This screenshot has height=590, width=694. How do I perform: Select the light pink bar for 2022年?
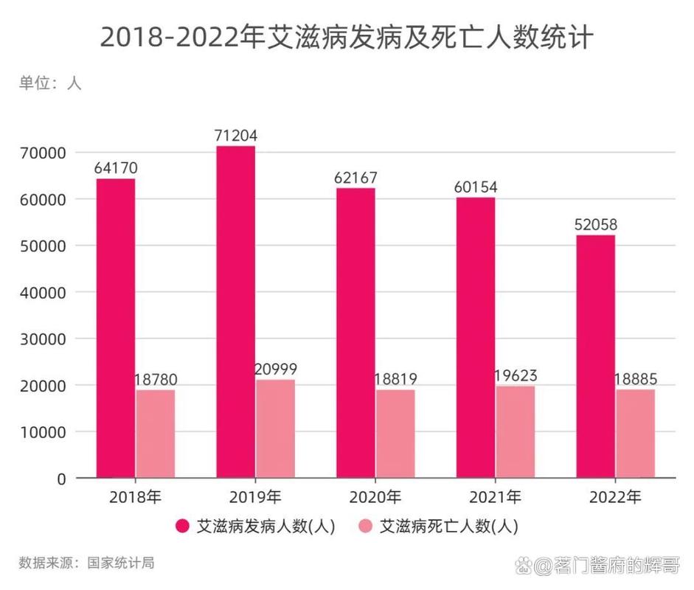636,433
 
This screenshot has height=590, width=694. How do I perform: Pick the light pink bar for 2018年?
156,433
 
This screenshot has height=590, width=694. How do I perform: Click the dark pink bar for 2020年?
355,333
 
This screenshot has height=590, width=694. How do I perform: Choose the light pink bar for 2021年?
516,431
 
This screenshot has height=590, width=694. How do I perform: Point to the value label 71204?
235,136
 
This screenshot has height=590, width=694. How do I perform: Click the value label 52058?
596,224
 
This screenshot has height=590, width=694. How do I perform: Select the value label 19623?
516,375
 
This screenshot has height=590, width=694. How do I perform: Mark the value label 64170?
116,168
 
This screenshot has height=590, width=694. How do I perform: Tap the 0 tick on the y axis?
61,479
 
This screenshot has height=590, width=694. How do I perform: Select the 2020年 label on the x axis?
376,497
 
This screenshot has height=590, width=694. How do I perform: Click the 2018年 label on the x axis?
135,497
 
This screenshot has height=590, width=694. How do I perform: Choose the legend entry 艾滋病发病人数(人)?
256,527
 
